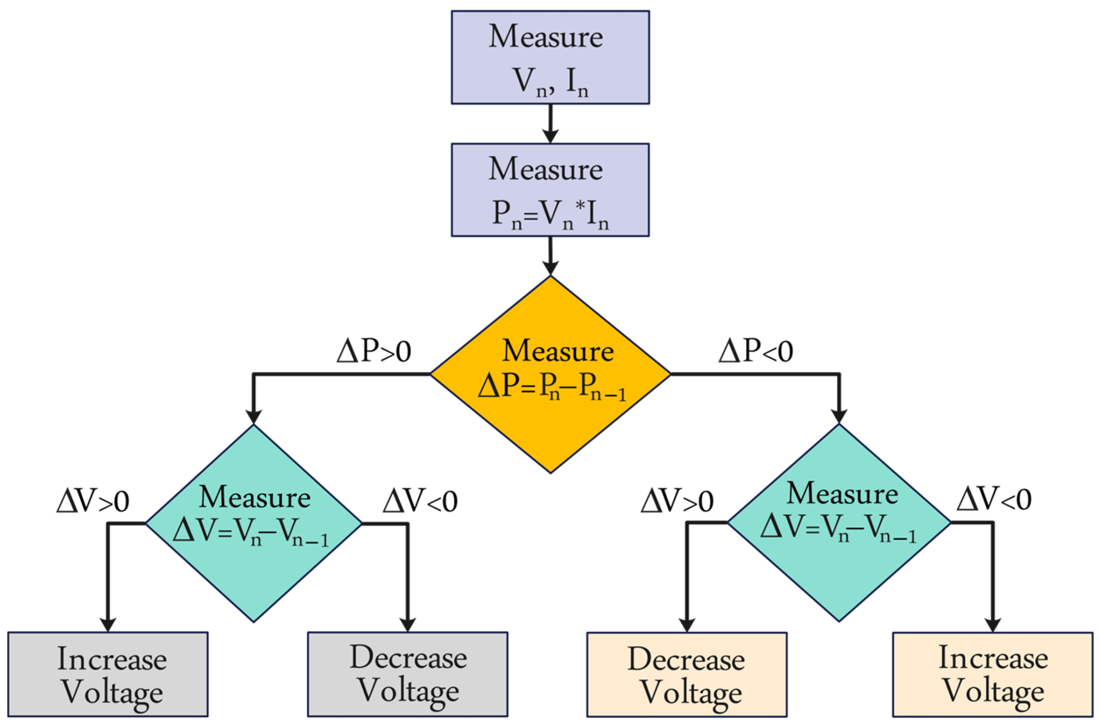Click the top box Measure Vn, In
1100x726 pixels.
click(550, 57)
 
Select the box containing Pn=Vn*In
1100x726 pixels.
click(550, 190)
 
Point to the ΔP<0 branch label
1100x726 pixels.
click(755, 351)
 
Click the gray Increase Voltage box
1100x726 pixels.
click(107, 674)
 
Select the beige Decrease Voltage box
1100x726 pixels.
click(686, 674)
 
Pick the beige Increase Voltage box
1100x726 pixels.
click(993, 674)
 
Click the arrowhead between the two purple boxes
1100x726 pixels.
click(550, 136)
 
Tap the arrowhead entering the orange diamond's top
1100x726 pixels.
click(550, 268)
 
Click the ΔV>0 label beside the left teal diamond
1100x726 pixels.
click(93, 501)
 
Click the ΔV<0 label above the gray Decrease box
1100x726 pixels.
click(420, 501)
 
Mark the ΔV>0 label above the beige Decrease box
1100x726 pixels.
click(677, 501)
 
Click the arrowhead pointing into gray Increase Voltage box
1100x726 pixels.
click(107, 624)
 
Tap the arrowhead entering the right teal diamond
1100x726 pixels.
click(839, 416)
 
